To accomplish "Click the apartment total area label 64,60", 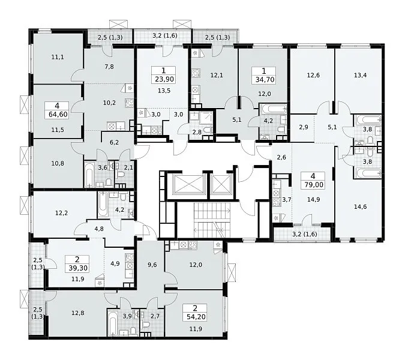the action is (58, 114).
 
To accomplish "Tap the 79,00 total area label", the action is (313, 185).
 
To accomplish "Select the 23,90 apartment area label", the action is (164, 79).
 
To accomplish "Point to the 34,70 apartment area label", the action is (265, 79).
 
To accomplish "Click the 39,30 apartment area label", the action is (78, 268).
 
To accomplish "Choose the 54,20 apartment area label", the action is (196, 316).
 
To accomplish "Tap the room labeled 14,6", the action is (360, 206).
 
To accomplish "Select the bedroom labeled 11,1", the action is (58, 57).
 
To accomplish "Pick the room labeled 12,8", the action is (77, 313).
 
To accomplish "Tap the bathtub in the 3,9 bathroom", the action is (113, 323).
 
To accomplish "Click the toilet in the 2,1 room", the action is (121, 175).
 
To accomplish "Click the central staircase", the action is (212, 220).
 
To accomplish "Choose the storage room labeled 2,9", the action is (303, 127).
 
